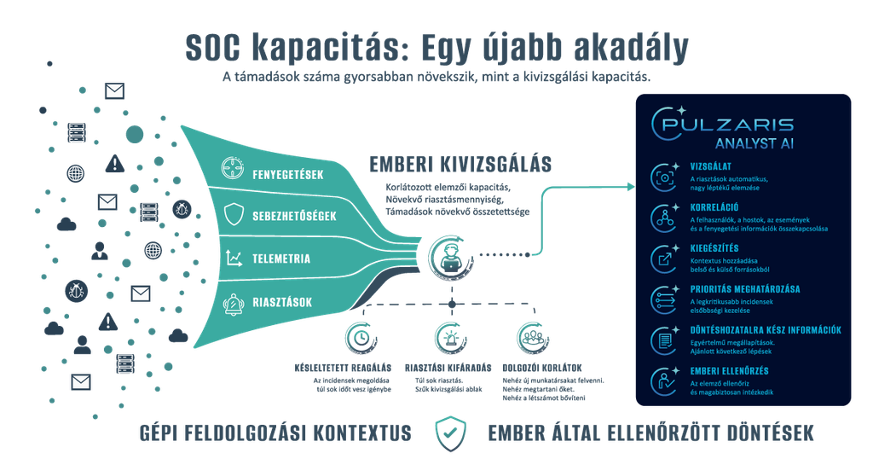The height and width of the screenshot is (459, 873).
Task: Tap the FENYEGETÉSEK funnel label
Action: [x=288, y=175]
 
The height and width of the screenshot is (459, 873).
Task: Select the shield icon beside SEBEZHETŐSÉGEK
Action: [x=234, y=214]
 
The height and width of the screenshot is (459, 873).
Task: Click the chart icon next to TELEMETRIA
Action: [x=234, y=258]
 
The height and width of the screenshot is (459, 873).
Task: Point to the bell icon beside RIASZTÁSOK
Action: [x=234, y=304]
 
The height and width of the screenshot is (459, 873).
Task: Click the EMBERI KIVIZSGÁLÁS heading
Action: [x=460, y=165]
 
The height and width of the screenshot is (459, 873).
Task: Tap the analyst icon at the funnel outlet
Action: [x=450, y=257]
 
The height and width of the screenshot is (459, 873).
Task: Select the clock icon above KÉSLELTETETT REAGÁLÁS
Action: [x=361, y=338]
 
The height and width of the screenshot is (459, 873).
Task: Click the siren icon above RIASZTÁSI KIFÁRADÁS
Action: [x=450, y=338]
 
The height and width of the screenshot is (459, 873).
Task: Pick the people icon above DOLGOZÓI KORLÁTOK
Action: [x=533, y=338]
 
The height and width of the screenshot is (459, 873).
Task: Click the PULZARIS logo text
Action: [x=728, y=124]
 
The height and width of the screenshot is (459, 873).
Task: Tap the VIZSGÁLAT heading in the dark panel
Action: [x=711, y=166]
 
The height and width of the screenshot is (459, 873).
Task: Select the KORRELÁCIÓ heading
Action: [x=714, y=207]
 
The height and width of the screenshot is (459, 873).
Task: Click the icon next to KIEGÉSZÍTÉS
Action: [x=665, y=259]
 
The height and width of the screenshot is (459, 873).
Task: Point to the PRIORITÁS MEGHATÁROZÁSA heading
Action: [x=745, y=289]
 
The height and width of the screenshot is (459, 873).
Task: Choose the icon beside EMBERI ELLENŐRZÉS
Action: [x=665, y=381]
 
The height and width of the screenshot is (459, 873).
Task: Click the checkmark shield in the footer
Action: [x=450, y=433]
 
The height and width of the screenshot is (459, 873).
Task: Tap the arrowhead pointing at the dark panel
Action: [x=631, y=187]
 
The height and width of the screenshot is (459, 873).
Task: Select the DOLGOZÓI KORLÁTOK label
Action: [x=541, y=369]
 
